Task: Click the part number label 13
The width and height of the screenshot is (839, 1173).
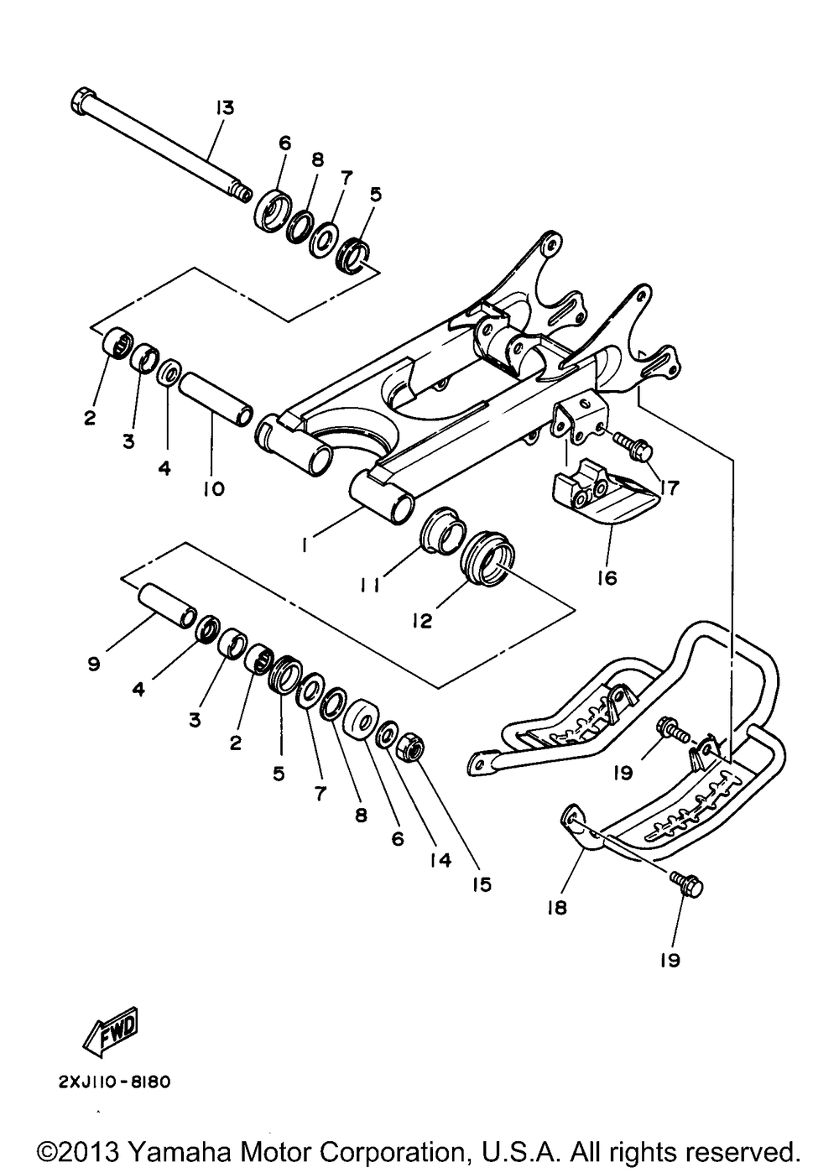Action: click(224, 108)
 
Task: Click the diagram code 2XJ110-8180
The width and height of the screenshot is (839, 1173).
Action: click(115, 1082)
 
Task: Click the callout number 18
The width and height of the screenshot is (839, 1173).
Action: click(557, 907)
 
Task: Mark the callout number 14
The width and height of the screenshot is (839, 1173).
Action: click(440, 859)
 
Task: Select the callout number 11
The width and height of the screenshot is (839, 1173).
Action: click(371, 586)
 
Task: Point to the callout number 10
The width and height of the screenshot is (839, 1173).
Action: click(213, 487)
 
